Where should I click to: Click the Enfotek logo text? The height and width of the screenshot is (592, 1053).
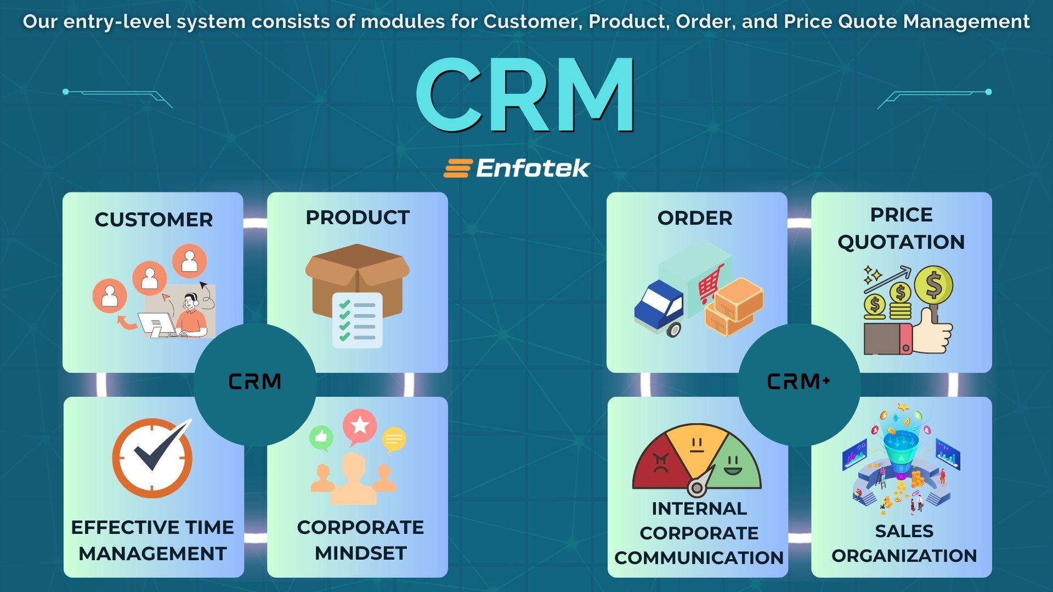point(532,168)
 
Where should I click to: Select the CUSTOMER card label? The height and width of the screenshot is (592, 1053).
point(154,219)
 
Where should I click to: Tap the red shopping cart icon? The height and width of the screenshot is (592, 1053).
point(711,282)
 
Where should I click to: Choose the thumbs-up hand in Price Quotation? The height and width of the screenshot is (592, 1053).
point(935,332)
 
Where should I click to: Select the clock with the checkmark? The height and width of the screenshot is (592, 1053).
point(152,458)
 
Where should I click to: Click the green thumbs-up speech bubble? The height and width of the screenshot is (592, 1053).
point(321,437)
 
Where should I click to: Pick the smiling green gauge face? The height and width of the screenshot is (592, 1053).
point(732,466)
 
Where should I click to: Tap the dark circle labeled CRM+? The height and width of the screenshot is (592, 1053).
point(799,382)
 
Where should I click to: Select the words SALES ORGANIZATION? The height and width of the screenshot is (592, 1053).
point(904,543)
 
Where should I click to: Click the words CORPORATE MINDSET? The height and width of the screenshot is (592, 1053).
point(360,540)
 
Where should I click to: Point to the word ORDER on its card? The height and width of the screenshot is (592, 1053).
point(695,218)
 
